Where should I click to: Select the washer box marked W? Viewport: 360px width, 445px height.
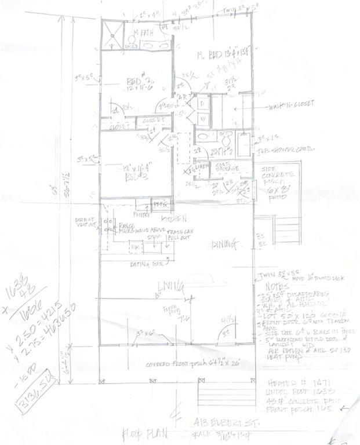203,119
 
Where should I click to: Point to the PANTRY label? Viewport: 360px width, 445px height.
141,214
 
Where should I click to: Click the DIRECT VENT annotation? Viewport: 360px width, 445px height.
85,223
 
